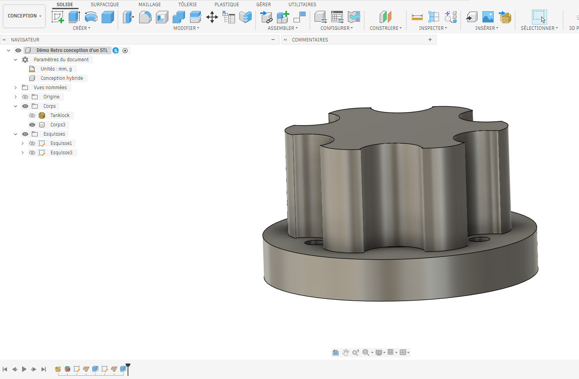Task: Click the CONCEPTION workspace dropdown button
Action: pos(24,16)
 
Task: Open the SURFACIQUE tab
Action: pos(105,4)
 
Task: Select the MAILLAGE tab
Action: pos(150,4)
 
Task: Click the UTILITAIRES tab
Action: pos(302,4)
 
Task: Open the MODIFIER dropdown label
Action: pos(186,28)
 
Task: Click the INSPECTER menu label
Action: pos(433,28)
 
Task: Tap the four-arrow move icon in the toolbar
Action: pos(212,17)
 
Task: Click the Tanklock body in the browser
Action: pos(60,115)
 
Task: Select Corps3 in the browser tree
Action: pos(58,124)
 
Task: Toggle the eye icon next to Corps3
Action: pos(32,125)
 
